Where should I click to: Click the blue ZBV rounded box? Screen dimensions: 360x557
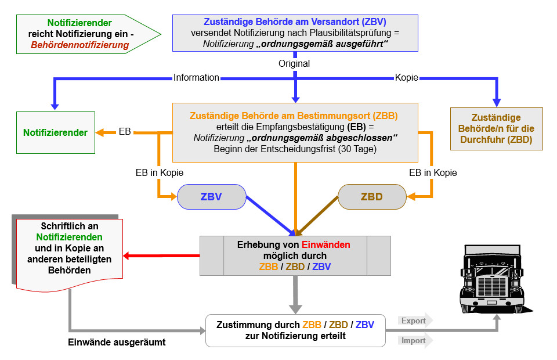(x=211, y=197)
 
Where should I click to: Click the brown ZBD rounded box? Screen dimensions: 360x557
(x=372, y=197)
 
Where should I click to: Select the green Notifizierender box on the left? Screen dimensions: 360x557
(x=55, y=132)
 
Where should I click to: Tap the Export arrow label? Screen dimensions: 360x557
(x=414, y=321)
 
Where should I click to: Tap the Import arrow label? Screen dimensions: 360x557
(x=414, y=341)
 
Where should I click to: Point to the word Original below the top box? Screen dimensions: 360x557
(x=294, y=63)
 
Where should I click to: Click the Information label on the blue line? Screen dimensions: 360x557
(x=197, y=77)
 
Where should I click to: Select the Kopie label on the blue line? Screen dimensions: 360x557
(x=407, y=77)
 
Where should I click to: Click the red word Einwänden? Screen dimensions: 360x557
(x=325, y=245)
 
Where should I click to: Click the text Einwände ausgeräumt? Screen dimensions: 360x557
(x=117, y=343)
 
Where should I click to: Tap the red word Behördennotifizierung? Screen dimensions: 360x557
(x=80, y=45)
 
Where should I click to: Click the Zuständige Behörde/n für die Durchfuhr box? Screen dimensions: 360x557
(x=496, y=128)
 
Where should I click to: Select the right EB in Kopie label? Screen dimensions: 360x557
(x=433, y=172)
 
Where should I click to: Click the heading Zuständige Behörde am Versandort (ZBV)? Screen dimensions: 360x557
(x=295, y=21)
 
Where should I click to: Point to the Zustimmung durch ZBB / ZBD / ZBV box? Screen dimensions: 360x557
(x=295, y=330)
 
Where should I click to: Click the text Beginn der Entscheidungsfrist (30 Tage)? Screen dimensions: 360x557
(x=295, y=149)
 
